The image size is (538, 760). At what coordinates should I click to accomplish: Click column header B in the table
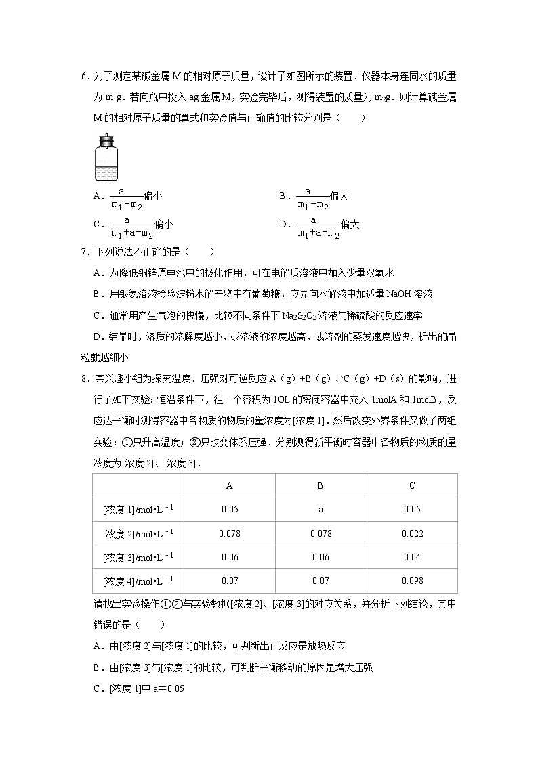320,485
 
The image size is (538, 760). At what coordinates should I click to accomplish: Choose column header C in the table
412,485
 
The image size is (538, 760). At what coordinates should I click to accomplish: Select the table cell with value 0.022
412,533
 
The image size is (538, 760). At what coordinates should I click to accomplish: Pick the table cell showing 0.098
412,581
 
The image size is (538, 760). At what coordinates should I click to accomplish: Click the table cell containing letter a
320,510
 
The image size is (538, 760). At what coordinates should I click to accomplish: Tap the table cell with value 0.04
412,557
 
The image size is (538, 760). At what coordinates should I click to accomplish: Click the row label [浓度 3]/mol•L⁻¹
138,557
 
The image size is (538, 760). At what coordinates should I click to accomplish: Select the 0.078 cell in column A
230,533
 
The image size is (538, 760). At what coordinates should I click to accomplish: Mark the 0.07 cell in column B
320,581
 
